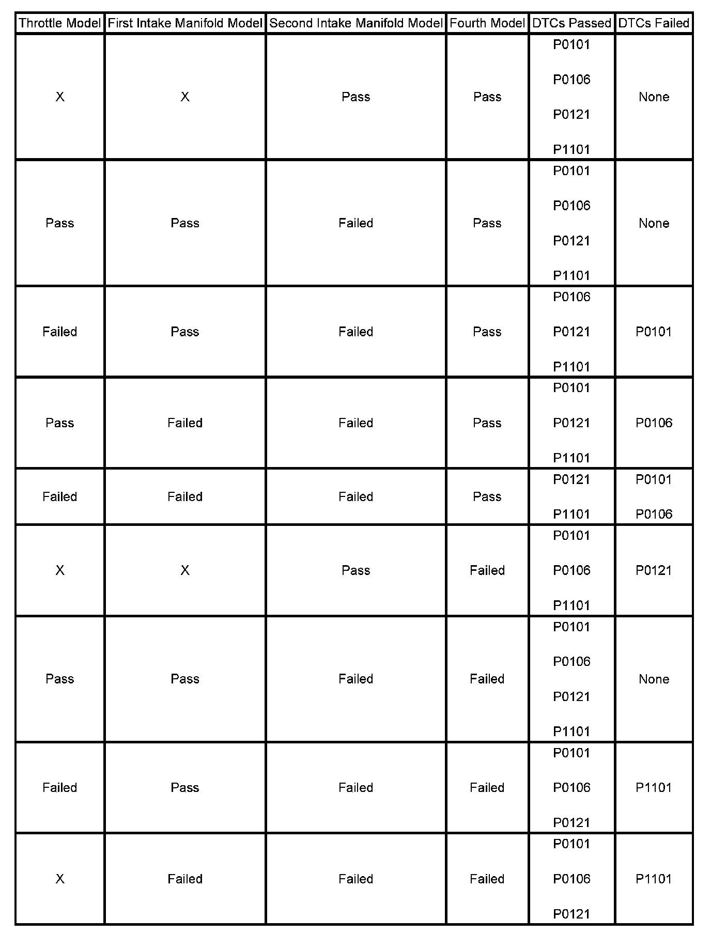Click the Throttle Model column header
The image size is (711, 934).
pyautogui.click(x=59, y=23)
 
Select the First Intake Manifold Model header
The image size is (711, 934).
pyautogui.click(x=185, y=23)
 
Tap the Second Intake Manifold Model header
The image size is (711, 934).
pyautogui.click(x=355, y=23)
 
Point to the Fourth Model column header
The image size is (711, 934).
pyautogui.click(x=487, y=23)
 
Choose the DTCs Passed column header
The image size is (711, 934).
pyautogui.click(x=571, y=23)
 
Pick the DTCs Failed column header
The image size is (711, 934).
pyautogui.click(x=654, y=23)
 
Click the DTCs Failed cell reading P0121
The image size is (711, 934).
pyautogui.click(x=654, y=570)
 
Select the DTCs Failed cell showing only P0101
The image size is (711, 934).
pyautogui.click(x=654, y=332)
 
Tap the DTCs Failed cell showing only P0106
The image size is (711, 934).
pyautogui.click(x=654, y=423)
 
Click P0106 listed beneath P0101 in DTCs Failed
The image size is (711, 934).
pyautogui.click(x=654, y=514)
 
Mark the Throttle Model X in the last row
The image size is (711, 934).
pyautogui.click(x=60, y=879)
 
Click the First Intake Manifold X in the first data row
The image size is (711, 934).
pyautogui.click(x=185, y=97)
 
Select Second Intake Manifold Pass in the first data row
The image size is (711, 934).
pyautogui.click(x=355, y=97)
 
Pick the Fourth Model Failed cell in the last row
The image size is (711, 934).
pyautogui.click(x=487, y=879)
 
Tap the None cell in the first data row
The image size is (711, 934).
pyautogui.click(x=654, y=97)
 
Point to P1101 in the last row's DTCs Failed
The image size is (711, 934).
pyautogui.click(x=654, y=879)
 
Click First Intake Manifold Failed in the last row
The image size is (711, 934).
pyautogui.click(x=185, y=879)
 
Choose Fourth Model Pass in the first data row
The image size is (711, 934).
pyautogui.click(x=487, y=97)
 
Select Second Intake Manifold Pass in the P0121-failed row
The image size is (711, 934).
pyautogui.click(x=355, y=570)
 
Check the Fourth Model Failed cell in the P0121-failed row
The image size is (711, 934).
pyautogui.click(x=487, y=570)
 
